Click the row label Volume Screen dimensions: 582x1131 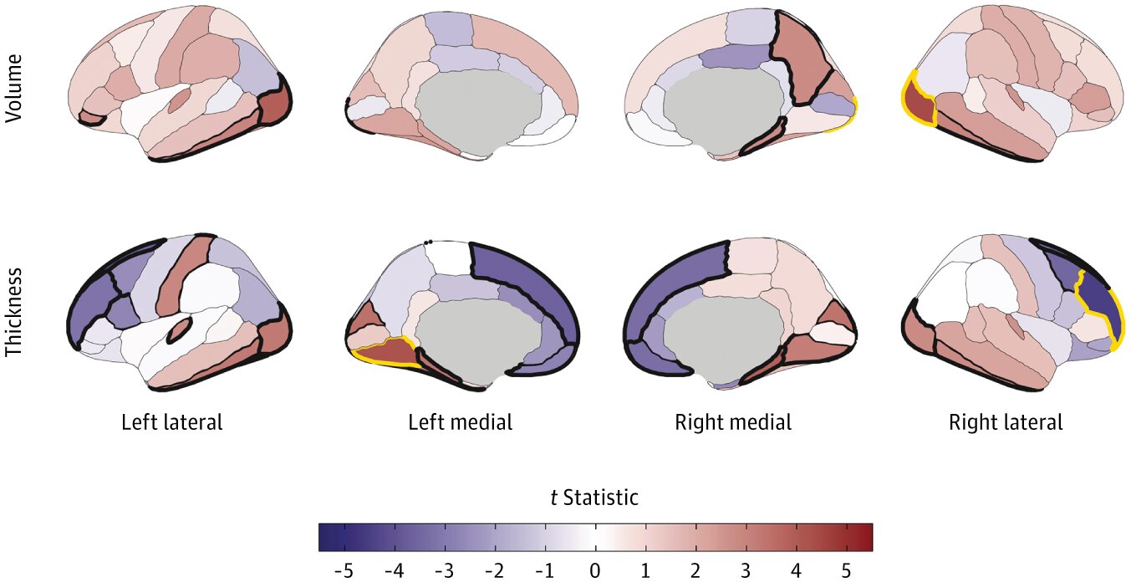point(14,89)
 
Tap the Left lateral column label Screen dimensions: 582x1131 point(172,422)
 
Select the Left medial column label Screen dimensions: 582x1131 point(460,422)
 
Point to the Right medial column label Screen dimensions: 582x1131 point(733,422)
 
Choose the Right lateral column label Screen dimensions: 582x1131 point(1006,422)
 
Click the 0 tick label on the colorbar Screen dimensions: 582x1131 point(595,570)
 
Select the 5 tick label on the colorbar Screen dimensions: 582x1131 point(846,570)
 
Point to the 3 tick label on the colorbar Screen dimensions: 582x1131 point(746,570)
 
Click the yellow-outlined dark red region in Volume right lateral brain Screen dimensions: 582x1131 point(920,106)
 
